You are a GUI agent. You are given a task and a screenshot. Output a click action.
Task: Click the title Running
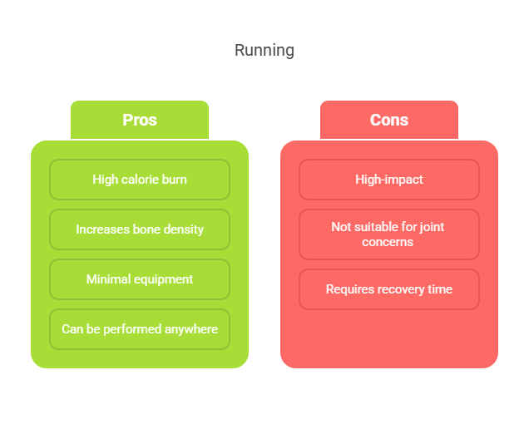pos(264,51)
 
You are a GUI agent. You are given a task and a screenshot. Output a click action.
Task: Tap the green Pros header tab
pos(140,120)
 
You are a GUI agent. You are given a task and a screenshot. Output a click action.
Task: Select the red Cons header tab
pos(389,120)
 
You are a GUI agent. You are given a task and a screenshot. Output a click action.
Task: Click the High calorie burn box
pos(140,180)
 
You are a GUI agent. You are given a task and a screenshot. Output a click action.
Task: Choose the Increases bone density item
pos(140,229)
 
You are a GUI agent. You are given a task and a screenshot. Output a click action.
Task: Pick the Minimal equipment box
pos(140,279)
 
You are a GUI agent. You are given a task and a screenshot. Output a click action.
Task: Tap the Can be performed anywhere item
pos(140,329)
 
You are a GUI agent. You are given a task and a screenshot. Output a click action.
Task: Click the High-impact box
pos(389,180)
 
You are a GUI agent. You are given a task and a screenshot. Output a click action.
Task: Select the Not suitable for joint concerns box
pos(389,234)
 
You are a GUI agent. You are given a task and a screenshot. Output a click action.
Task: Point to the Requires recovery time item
pos(389,289)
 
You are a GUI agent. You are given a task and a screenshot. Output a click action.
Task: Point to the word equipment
pos(163,280)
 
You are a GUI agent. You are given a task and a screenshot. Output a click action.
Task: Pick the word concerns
pos(388,242)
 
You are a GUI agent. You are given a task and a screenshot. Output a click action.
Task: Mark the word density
pos(184,229)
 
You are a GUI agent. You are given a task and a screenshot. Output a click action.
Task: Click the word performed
pos(132,329)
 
